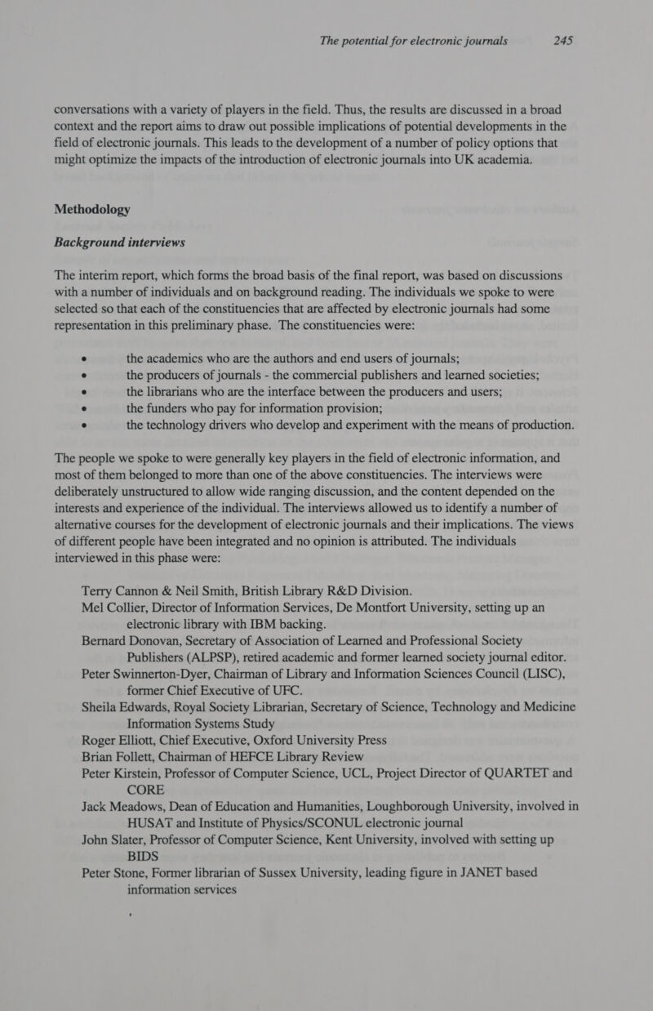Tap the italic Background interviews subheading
119,243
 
